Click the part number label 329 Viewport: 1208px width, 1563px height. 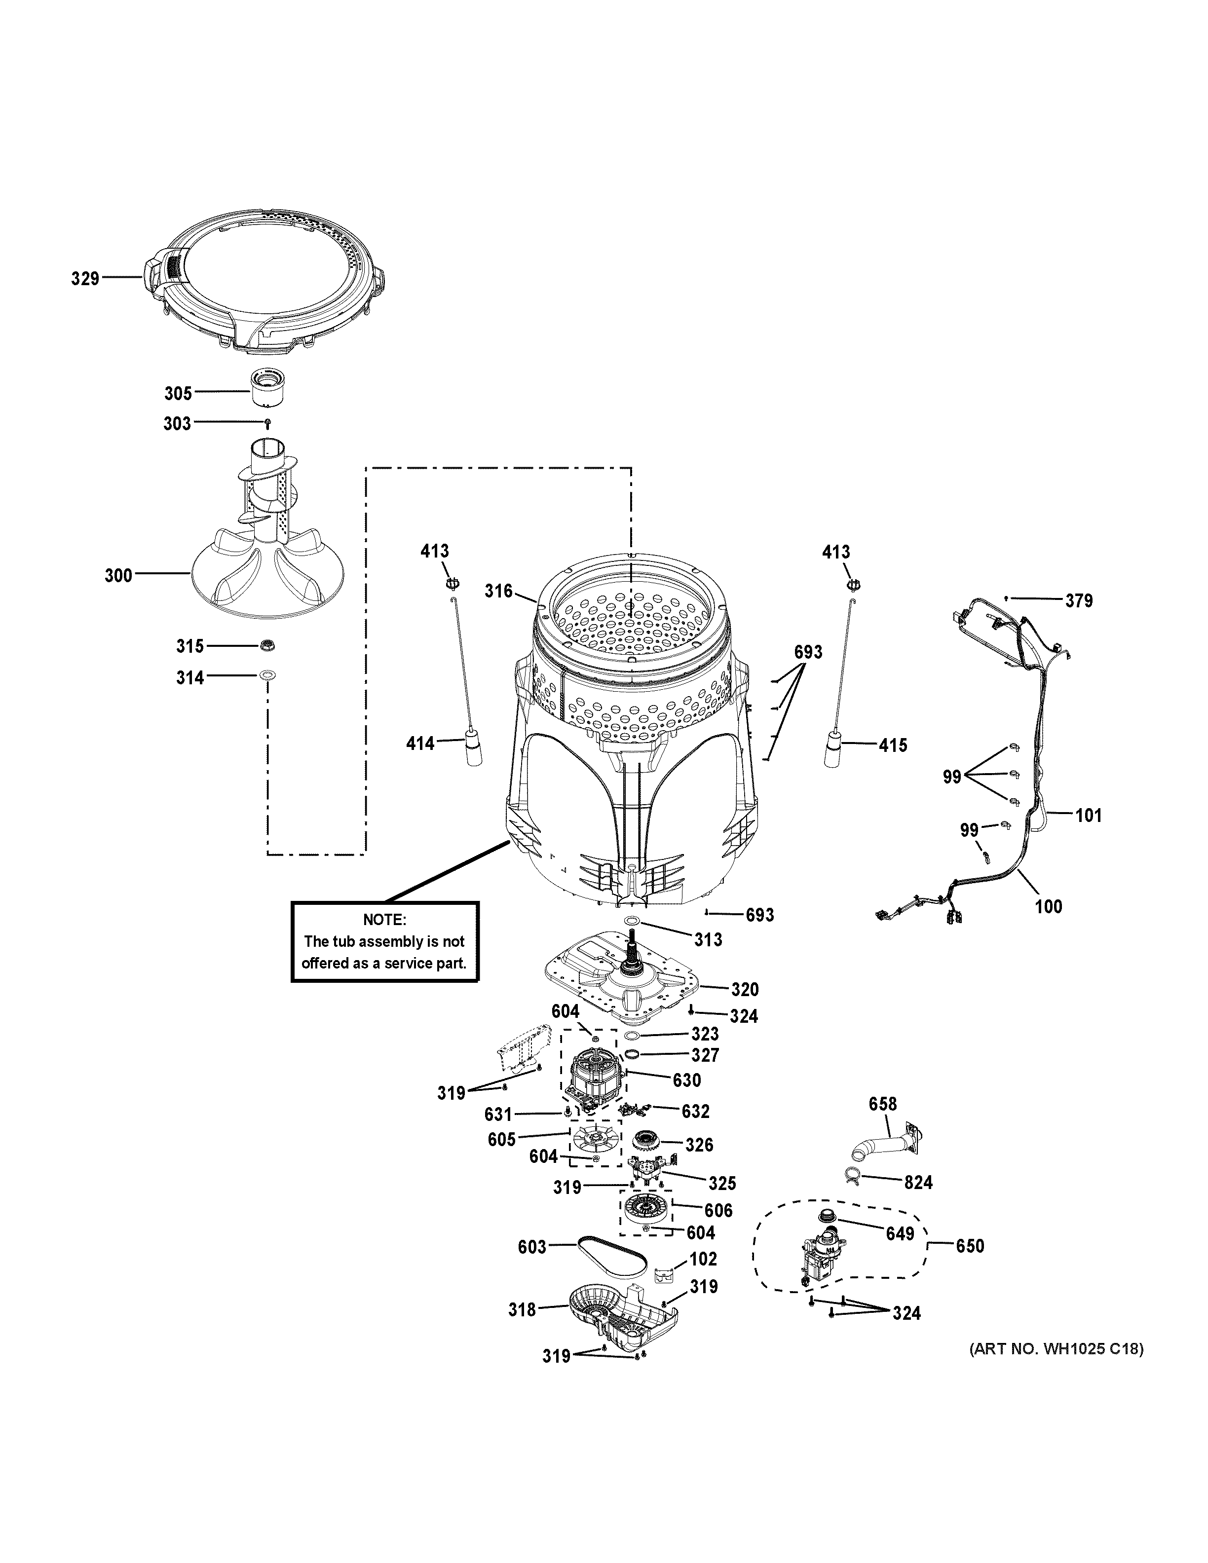(x=84, y=278)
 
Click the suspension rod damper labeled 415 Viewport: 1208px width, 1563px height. (x=832, y=748)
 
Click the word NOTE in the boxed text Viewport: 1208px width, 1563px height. (x=384, y=920)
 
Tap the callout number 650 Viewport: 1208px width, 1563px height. (x=970, y=1246)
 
